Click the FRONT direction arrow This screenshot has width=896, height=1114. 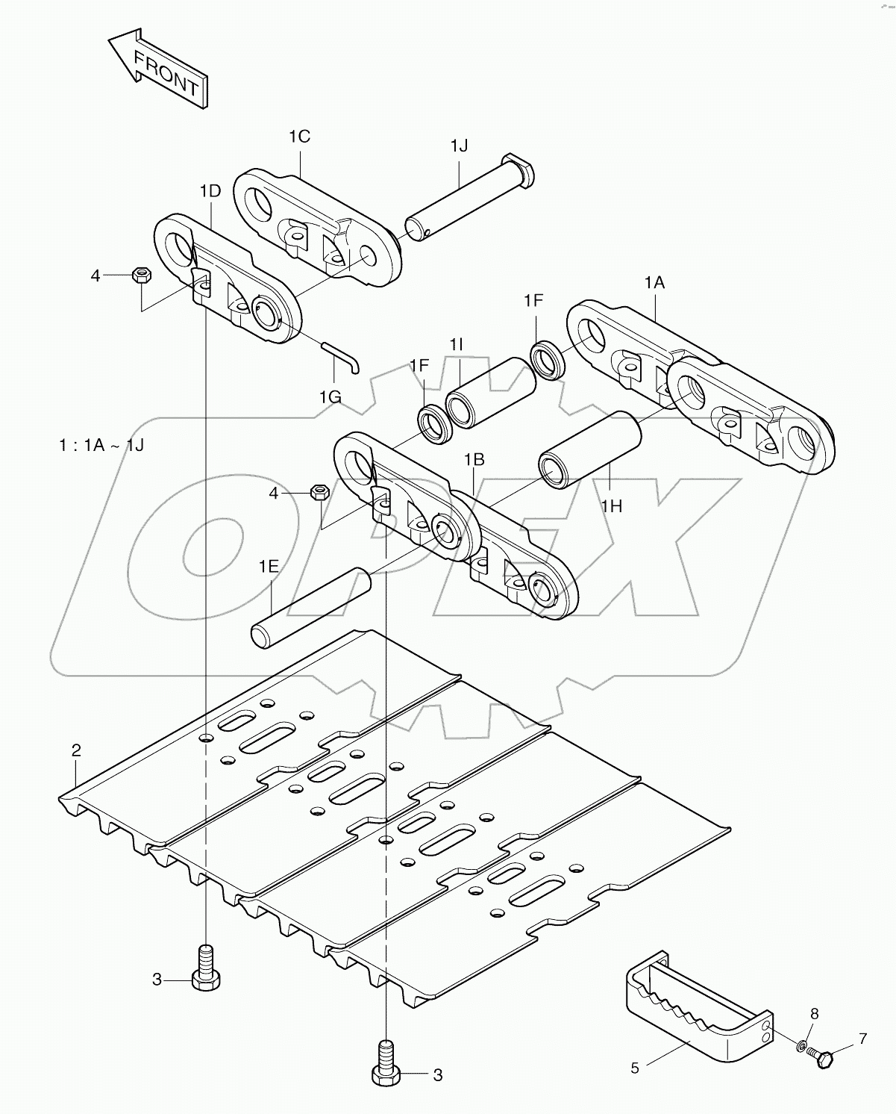(158, 68)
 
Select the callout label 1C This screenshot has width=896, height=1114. (299, 137)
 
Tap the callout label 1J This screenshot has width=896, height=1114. (458, 146)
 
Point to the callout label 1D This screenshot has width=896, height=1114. (210, 191)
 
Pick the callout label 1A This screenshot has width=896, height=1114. (654, 282)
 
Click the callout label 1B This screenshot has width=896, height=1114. (474, 460)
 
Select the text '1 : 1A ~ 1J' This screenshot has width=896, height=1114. (101, 446)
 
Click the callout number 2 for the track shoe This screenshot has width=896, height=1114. (75, 751)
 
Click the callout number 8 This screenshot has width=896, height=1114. (815, 1015)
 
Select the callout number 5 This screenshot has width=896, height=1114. (635, 1068)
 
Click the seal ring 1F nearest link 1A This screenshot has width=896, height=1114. (548, 359)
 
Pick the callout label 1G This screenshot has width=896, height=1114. (330, 397)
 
